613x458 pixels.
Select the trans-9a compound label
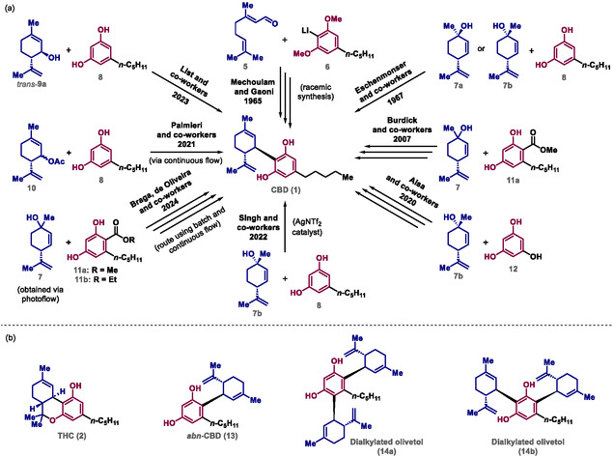click(x=32, y=96)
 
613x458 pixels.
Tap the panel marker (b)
click(x=11, y=316)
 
